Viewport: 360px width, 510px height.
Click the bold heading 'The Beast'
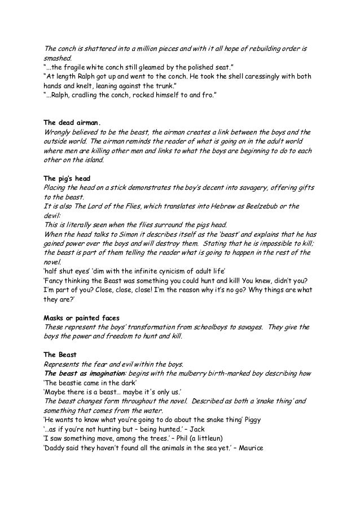tap(60, 354)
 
